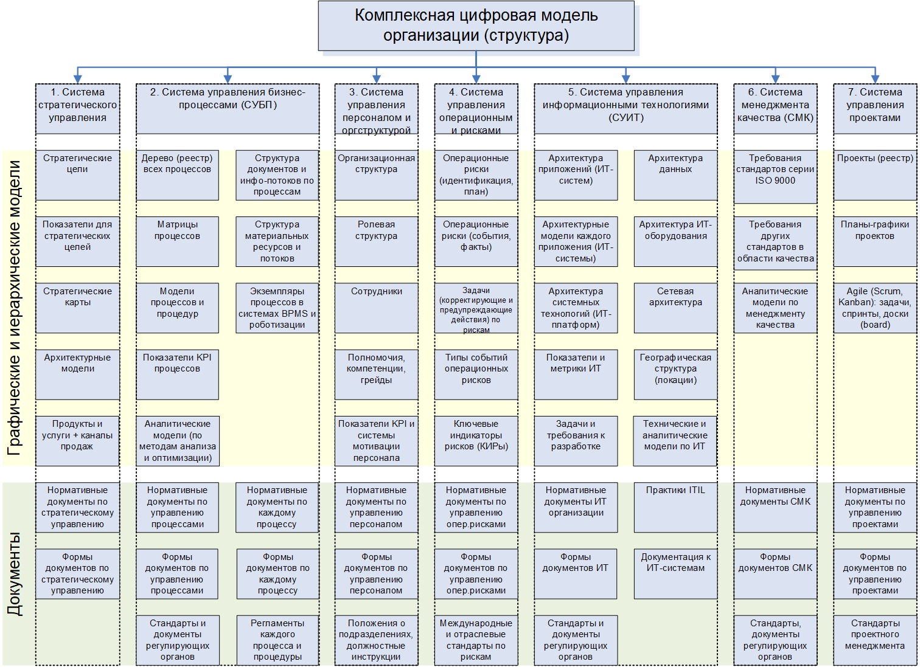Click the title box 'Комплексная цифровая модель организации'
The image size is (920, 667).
[x=476, y=26]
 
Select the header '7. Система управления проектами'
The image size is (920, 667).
[x=875, y=108]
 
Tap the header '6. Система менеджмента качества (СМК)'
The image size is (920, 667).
[x=775, y=108]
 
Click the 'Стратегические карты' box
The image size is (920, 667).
[x=77, y=308]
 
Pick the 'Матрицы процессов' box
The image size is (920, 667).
[x=177, y=241]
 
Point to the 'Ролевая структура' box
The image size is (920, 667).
[x=376, y=241]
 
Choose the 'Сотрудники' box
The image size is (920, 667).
[x=376, y=308]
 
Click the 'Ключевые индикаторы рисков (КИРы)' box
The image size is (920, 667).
[x=476, y=441]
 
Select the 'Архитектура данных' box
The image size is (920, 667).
[x=675, y=175]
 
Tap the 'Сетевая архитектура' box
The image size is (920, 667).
[x=675, y=308]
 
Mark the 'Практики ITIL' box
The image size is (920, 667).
[x=675, y=507]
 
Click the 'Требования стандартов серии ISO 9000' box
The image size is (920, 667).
[x=775, y=176]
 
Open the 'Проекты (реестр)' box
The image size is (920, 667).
[x=875, y=175]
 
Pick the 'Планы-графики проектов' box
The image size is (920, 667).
[x=875, y=241]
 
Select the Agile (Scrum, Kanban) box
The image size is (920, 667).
[x=875, y=308]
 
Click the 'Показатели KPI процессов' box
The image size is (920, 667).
[x=177, y=374]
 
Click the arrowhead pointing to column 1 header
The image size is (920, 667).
[x=77, y=78]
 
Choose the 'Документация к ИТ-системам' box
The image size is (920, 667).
[x=675, y=573]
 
